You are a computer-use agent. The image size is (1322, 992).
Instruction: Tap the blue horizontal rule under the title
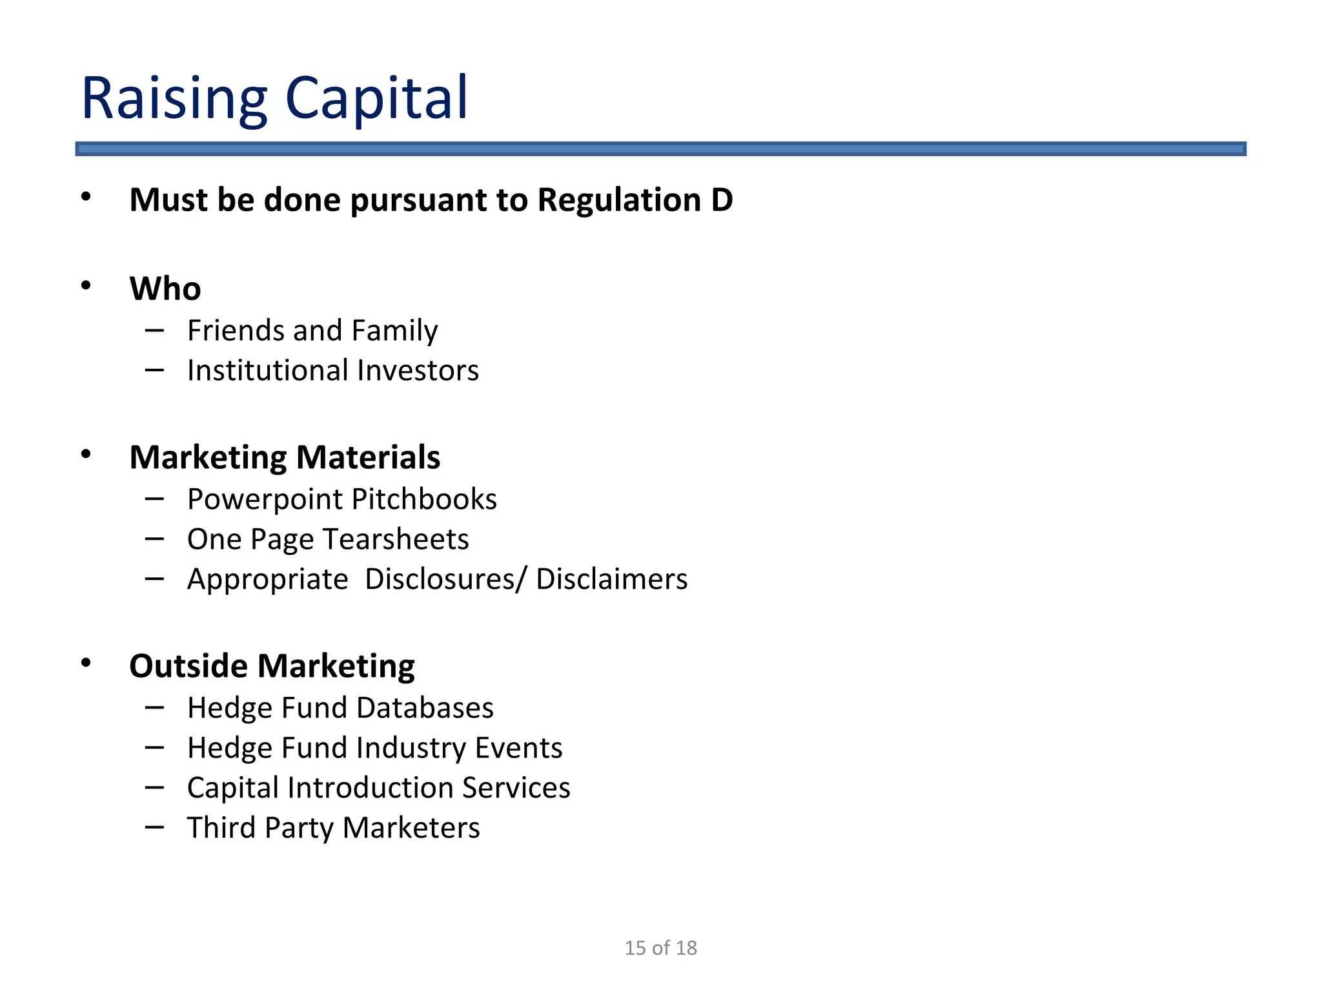(660, 149)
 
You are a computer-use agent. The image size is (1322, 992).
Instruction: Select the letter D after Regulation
(722, 200)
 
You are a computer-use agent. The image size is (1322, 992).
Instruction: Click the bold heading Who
(165, 288)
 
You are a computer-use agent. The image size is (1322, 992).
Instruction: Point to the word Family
(394, 331)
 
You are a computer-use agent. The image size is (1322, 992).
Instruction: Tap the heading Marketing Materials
(285, 457)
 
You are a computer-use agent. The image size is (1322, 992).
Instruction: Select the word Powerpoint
(265, 499)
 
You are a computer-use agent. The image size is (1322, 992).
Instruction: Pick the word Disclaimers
(611, 579)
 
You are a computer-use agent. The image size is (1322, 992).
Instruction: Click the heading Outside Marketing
(272, 666)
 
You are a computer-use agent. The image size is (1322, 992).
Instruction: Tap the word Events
(518, 748)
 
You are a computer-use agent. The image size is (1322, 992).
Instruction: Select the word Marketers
(411, 828)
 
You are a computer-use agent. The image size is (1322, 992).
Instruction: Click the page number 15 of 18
(660, 947)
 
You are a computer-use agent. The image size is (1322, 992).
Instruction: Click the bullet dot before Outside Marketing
(86, 663)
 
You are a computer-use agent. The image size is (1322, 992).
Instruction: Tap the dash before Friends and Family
(154, 331)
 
